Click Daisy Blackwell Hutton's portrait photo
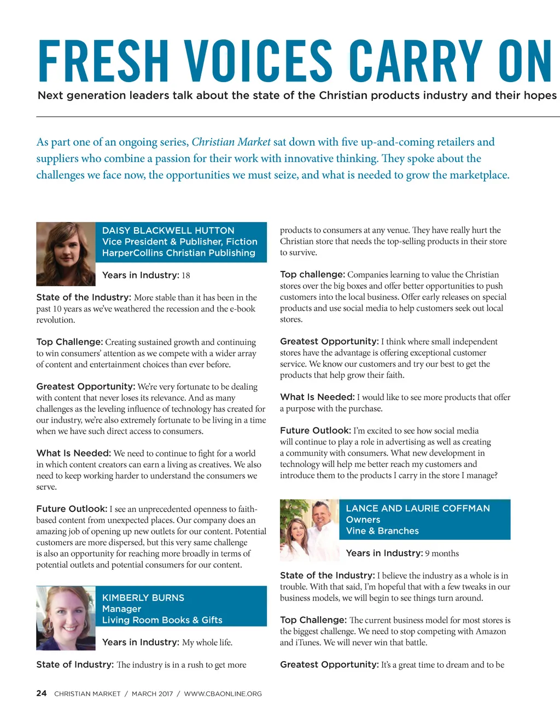(66, 254)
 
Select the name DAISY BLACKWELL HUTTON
(168, 230)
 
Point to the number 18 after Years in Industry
(186, 275)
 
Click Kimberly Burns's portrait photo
(66, 618)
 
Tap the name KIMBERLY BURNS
(143, 598)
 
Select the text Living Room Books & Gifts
(162, 620)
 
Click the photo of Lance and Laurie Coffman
(309, 530)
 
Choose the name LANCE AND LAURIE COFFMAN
(418, 508)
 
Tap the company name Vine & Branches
(382, 531)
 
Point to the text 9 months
(442, 553)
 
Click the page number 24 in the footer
(42, 693)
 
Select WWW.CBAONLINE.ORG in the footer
(223, 694)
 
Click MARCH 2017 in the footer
(152, 694)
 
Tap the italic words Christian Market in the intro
(231, 142)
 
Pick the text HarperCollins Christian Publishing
(178, 253)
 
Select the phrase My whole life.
(207, 643)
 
